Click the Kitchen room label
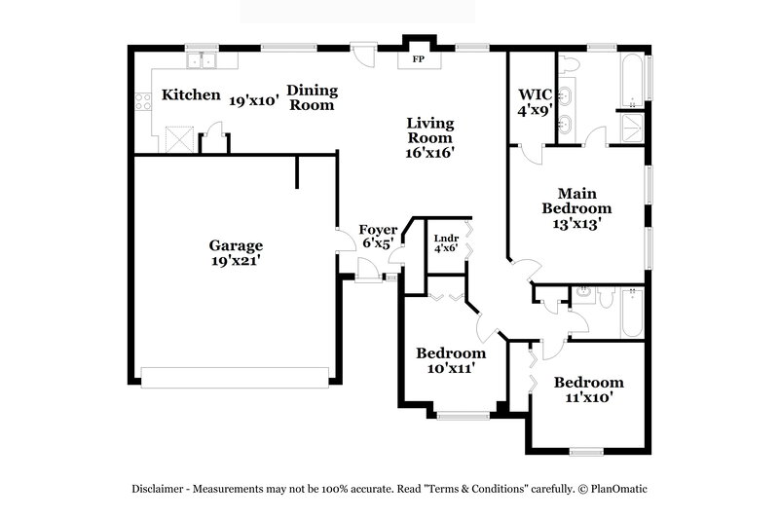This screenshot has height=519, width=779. (191, 95)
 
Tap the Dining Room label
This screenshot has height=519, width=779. (313, 97)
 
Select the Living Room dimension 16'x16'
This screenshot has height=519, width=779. (430, 152)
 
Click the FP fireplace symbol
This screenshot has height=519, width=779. (419, 59)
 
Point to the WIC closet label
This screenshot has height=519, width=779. (535, 94)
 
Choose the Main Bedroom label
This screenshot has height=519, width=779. (576, 201)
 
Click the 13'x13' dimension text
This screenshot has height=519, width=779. (576, 223)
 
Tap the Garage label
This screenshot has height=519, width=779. (236, 245)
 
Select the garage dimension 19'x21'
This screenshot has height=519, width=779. (236, 261)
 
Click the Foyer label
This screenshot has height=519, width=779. (378, 230)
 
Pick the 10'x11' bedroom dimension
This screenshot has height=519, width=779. (450, 368)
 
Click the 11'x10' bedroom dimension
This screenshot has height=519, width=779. (589, 397)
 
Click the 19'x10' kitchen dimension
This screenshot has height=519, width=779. (254, 99)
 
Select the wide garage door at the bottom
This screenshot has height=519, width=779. (236, 376)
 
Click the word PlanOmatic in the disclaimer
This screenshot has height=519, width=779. (616, 488)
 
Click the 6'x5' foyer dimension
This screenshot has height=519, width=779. (376, 244)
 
